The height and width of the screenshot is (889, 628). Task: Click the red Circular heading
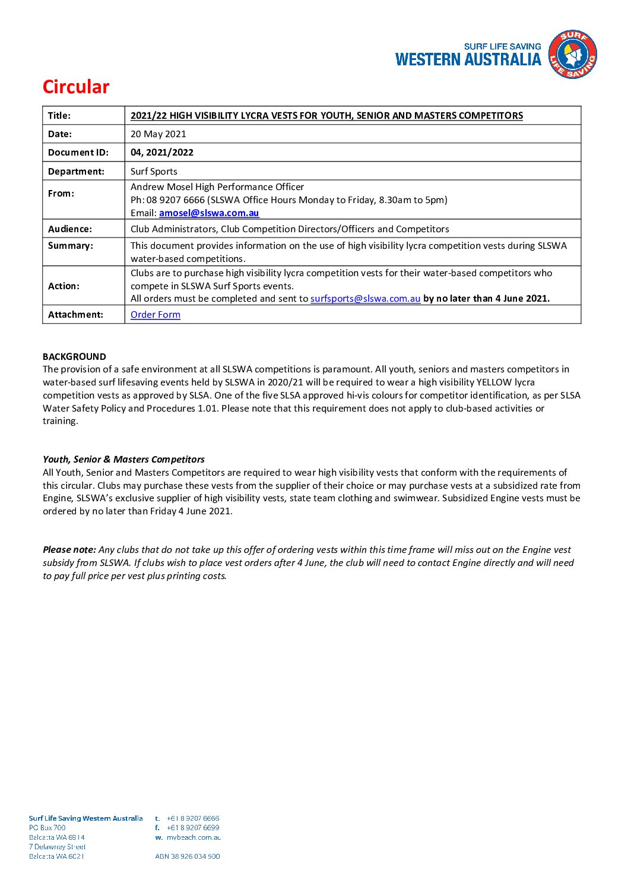point(76,87)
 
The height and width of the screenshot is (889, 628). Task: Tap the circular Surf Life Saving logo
point(572,55)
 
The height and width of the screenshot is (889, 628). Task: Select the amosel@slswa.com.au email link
point(209,213)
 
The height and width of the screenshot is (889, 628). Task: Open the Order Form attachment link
point(156,315)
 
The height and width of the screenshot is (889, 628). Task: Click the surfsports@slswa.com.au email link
point(365,299)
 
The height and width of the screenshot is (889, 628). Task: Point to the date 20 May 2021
point(158,134)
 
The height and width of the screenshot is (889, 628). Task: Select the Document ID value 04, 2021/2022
point(162,153)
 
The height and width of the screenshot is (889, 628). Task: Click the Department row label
point(76,172)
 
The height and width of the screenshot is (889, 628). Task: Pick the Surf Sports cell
point(154,172)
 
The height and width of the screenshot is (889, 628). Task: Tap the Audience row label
point(70,229)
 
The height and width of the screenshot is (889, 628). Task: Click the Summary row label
point(71,246)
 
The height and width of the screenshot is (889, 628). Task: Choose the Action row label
point(64,286)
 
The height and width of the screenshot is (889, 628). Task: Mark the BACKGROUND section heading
point(74,357)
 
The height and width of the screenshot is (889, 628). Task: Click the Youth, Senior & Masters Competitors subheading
point(123,460)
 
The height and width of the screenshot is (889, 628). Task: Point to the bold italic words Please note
point(69,550)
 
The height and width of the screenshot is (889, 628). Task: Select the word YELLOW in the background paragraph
point(494,382)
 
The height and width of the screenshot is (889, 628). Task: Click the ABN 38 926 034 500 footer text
point(188,856)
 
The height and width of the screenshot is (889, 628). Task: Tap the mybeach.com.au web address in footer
point(194,837)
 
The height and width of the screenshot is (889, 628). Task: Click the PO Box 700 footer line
point(47,828)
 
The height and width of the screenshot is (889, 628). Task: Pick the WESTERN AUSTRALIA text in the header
point(468,59)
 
